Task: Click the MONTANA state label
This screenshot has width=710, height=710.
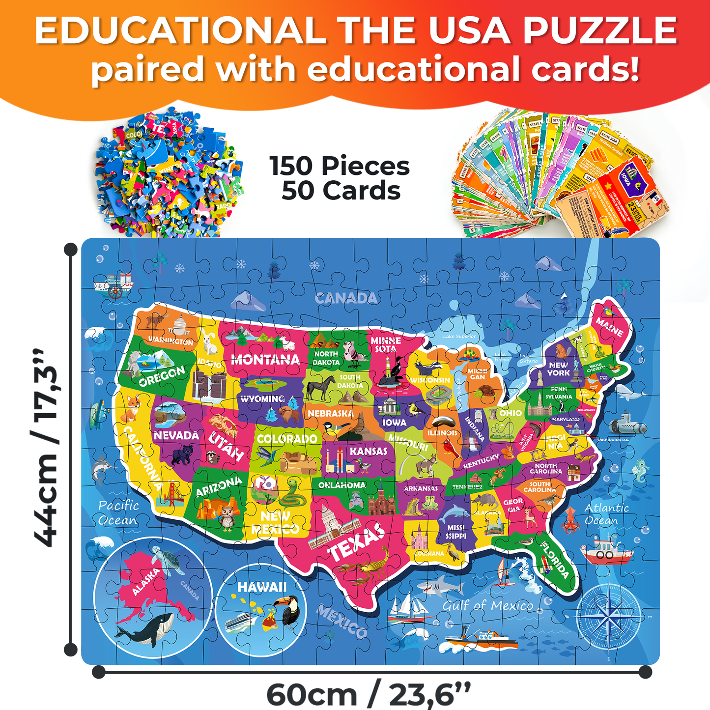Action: coord(265,360)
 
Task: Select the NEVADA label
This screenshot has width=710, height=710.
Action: coord(176,435)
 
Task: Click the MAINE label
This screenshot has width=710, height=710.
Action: coord(609,327)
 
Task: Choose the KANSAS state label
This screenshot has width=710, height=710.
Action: coord(369,451)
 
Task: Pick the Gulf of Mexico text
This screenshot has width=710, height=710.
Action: coord(487,606)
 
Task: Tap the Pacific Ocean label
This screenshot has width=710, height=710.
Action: coord(118,512)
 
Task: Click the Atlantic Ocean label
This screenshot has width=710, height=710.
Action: coord(606,514)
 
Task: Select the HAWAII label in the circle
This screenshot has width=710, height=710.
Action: coord(261,587)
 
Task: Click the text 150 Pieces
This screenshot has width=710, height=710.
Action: coord(339,166)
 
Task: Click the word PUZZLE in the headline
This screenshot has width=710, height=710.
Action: coord(599,30)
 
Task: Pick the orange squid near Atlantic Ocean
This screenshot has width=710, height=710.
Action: coord(570,519)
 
